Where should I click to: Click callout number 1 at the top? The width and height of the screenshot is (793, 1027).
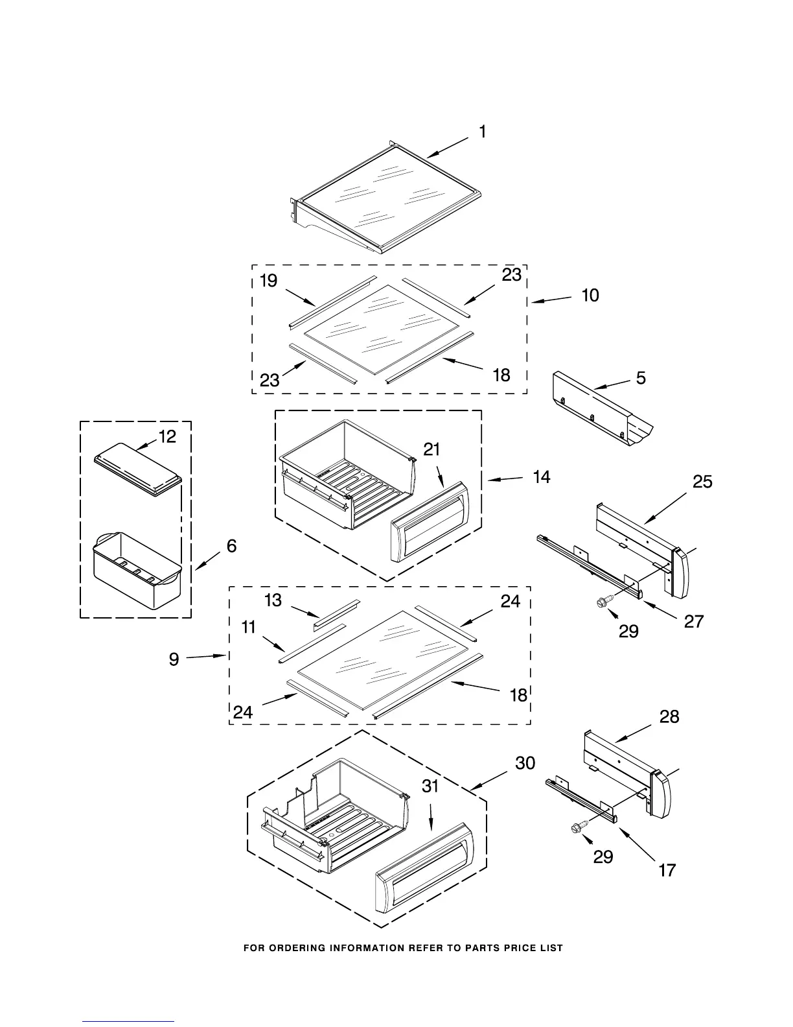[x=483, y=132]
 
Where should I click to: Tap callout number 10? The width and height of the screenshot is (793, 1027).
[x=590, y=296]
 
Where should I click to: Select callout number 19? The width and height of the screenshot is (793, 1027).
[x=268, y=281]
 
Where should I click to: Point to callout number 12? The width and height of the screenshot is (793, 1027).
[x=167, y=437]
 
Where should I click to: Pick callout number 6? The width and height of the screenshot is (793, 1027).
[x=231, y=547]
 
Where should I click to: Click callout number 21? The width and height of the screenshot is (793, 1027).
[x=432, y=449]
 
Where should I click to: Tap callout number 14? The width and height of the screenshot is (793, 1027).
[x=542, y=477]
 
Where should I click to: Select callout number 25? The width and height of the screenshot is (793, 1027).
[x=702, y=482]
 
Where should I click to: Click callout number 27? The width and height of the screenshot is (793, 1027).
[x=694, y=621]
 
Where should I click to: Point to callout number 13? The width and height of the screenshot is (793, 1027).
[x=273, y=600]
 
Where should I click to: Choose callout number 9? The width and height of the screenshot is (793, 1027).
[x=174, y=660]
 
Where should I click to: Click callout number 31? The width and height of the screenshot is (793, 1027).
[x=430, y=786]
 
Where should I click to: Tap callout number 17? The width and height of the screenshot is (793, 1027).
[x=667, y=870]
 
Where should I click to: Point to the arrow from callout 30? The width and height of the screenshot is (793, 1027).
[x=489, y=779]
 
